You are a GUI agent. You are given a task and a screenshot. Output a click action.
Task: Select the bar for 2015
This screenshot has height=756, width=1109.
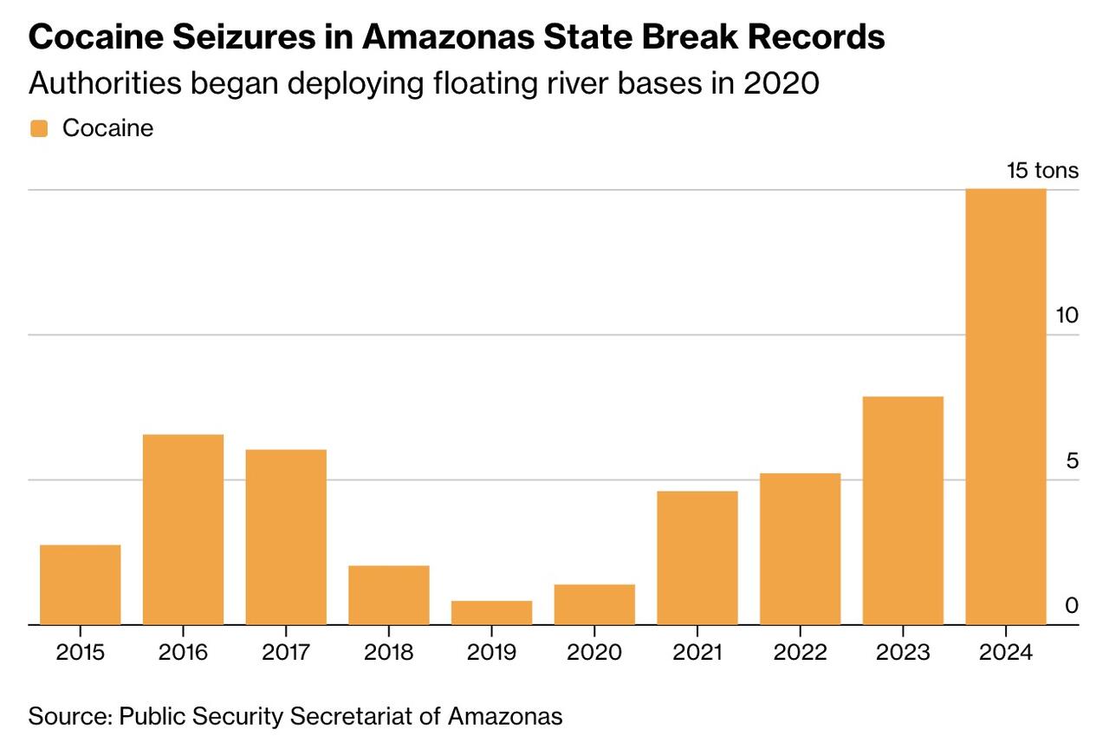pyautogui.click(x=80, y=584)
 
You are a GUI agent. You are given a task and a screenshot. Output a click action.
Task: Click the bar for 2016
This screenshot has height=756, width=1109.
pyautogui.click(x=183, y=529)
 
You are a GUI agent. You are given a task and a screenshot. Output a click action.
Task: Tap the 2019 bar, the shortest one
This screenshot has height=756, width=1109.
pyautogui.click(x=491, y=612)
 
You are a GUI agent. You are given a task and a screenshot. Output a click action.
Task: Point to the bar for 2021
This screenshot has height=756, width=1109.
pyautogui.click(x=697, y=557)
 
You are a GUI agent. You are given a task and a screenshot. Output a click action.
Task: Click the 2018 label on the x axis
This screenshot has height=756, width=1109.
pyautogui.click(x=389, y=651)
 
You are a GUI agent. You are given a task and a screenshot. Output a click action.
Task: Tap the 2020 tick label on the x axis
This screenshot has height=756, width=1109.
pyautogui.click(x=594, y=651)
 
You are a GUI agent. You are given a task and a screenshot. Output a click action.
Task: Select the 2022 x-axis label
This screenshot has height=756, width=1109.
pyautogui.click(x=800, y=651)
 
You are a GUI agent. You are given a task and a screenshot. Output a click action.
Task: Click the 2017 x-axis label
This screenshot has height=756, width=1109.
pyautogui.click(x=286, y=651)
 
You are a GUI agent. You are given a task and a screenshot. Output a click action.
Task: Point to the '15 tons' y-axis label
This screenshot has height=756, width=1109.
pyautogui.click(x=1042, y=170)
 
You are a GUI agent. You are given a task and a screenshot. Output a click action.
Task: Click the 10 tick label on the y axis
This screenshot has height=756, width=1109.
pyautogui.click(x=1067, y=316)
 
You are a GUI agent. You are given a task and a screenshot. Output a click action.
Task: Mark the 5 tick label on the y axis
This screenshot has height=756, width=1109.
pyautogui.click(x=1073, y=460)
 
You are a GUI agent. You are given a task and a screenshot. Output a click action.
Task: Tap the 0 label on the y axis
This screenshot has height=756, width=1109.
pyautogui.click(x=1073, y=605)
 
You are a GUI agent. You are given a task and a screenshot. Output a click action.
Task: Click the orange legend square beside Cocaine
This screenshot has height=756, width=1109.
pyautogui.click(x=39, y=128)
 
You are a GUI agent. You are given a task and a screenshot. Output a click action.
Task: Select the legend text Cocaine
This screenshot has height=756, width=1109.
pyautogui.click(x=107, y=128)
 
